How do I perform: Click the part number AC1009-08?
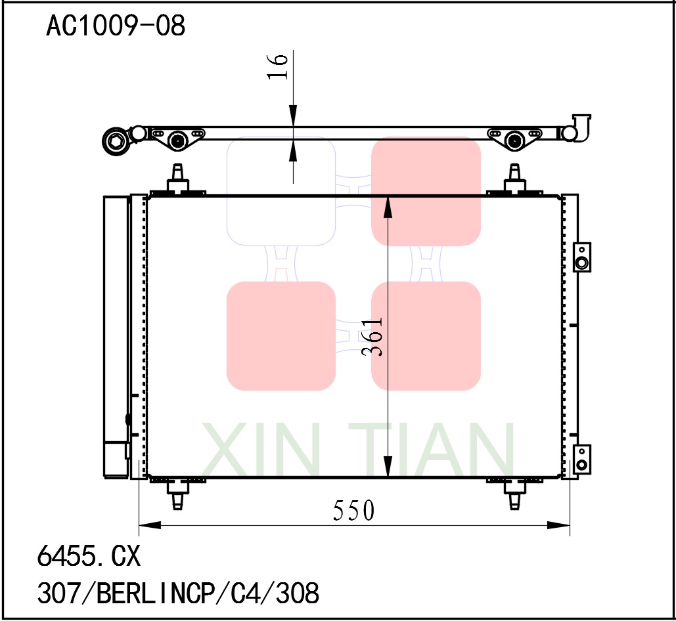click(116, 26)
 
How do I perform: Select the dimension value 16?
click(278, 66)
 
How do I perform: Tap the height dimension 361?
click(372, 337)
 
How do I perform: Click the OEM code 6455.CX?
click(89, 557)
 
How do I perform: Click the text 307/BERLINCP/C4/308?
click(178, 593)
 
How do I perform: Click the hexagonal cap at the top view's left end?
click(116, 141)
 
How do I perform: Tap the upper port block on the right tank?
click(581, 257)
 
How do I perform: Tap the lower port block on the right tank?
click(581, 459)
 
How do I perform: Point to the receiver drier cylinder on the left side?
click(116, 335)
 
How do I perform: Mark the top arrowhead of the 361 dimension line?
click(388, 207)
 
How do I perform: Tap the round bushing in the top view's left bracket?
click(177, 140)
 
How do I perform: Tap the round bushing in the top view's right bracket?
click(514, 140)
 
